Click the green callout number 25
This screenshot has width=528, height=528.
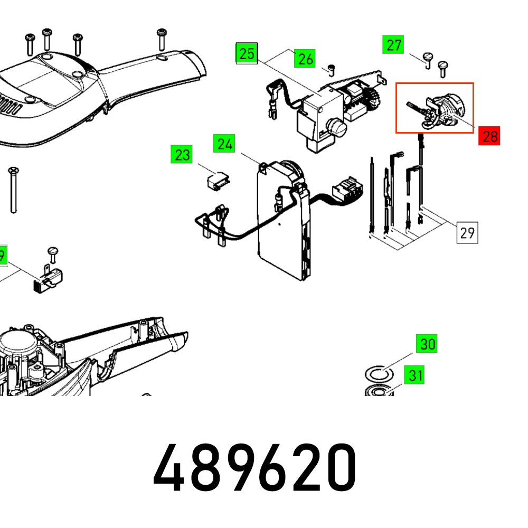tap(246, 53)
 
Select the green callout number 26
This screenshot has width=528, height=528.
tap(305, 59)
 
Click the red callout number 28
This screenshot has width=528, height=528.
tap(489, 136)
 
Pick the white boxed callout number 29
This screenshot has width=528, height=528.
tap(467, 232)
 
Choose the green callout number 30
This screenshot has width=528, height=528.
tap(427, 344)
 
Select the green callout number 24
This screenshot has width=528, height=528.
tap(225, 144)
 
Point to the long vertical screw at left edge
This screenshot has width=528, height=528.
tap(12, 190)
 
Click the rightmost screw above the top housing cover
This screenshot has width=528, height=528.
tap(162, 40)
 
